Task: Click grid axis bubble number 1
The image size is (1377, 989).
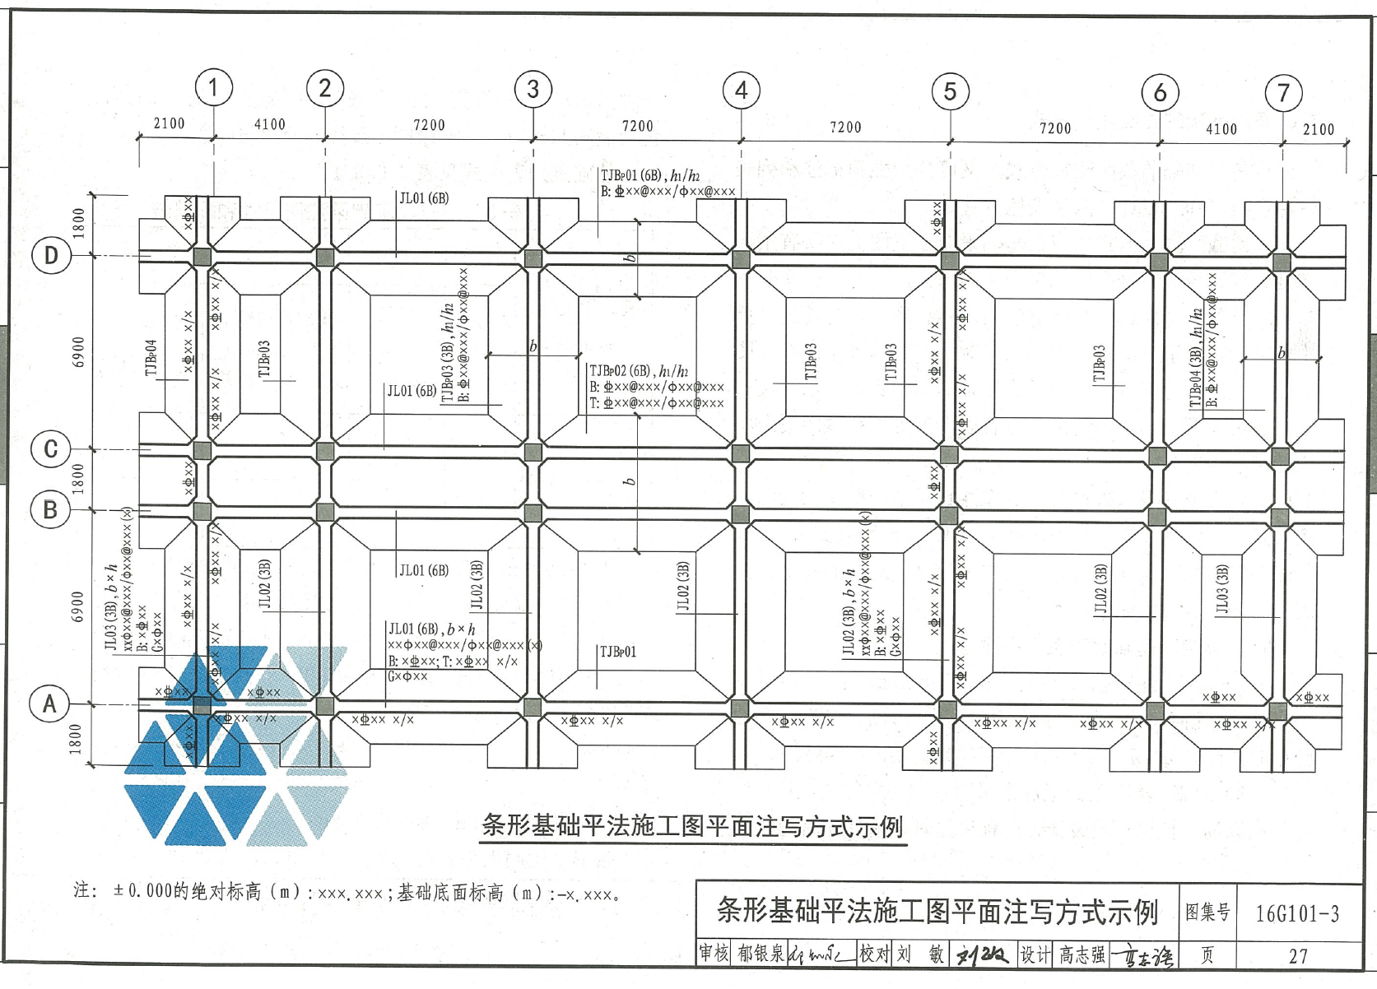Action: coord(214,87)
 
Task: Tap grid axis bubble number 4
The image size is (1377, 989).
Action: coord(742,91)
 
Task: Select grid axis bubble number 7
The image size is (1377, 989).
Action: coord(1283,94)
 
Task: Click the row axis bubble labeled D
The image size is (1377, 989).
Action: coord(51,256)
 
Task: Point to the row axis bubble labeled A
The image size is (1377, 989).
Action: coord(49,704)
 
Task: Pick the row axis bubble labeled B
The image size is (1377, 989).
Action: coord(50,510)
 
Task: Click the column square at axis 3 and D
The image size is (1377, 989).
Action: coord(533,258)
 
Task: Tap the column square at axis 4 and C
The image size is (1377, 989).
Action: coord(741,453)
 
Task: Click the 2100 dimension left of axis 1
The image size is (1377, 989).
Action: coord(170,123)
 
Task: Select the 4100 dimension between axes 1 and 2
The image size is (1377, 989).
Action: coord(270,124)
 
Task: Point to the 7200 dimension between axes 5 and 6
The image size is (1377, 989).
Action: coord(1055,128)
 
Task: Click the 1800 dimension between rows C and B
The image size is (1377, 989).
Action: coord(78,479)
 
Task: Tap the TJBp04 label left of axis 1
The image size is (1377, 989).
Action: coord(151,358)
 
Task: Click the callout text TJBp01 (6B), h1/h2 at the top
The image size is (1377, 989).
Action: coord(650,175)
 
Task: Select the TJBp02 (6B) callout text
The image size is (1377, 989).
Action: coord(639,371)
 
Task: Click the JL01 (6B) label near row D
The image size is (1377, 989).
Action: coord(424,198)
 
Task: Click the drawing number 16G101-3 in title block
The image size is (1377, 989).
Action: coord(1297,913)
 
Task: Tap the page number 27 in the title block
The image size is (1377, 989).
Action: coord(1298,956)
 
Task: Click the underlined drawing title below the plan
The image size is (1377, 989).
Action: coord(692,826)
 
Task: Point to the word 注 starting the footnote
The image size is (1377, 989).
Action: coord(81,890)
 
